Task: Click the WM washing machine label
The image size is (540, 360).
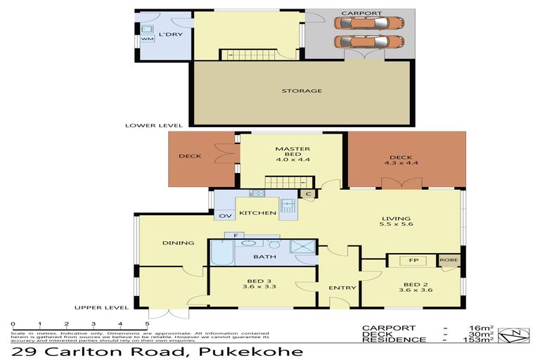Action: pos(146,39)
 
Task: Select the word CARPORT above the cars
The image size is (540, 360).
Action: pos(361,13)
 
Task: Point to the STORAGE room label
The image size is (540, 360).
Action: pos(302,91)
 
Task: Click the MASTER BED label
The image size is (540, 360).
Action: pos(292,149)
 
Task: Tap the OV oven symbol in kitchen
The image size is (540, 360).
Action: pos(226,216)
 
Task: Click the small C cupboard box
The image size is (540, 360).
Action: pos(309,194)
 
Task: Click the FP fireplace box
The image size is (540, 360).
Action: pos(413,261)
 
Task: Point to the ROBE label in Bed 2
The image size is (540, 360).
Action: pos(449,261)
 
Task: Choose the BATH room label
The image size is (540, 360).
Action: pos(270,257)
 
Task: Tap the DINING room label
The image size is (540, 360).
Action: pos(178,243)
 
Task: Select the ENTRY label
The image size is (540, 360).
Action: pos(342,287)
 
